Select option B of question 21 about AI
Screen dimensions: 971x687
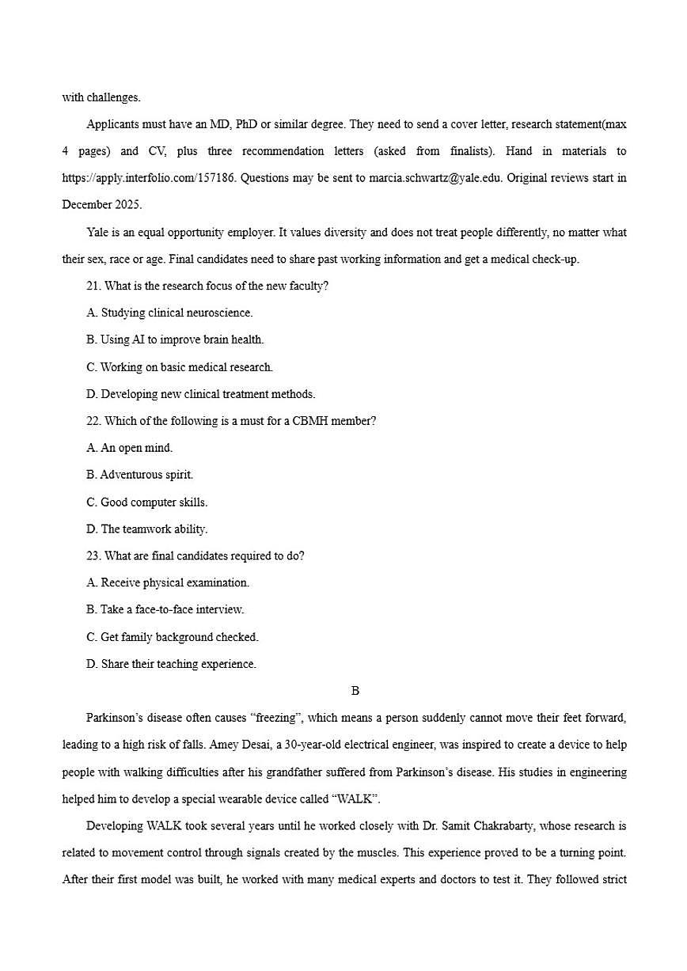[175, 340]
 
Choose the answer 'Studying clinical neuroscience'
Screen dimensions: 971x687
[169, 313]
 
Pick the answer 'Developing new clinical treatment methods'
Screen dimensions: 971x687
[200, 394]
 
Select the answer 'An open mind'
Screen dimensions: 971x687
[129, 448]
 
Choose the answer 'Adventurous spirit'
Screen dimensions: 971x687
[139, 475]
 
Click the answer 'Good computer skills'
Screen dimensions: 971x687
[146, 502]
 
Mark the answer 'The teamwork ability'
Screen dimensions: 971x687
[146, 529]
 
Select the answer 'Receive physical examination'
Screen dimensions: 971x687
[168, 582]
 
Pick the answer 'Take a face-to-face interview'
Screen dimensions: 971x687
[165, 610]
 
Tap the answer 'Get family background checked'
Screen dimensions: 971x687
[173, 637]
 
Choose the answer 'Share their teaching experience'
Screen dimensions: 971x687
[171, 664]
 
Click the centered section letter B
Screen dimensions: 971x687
[355, 691]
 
